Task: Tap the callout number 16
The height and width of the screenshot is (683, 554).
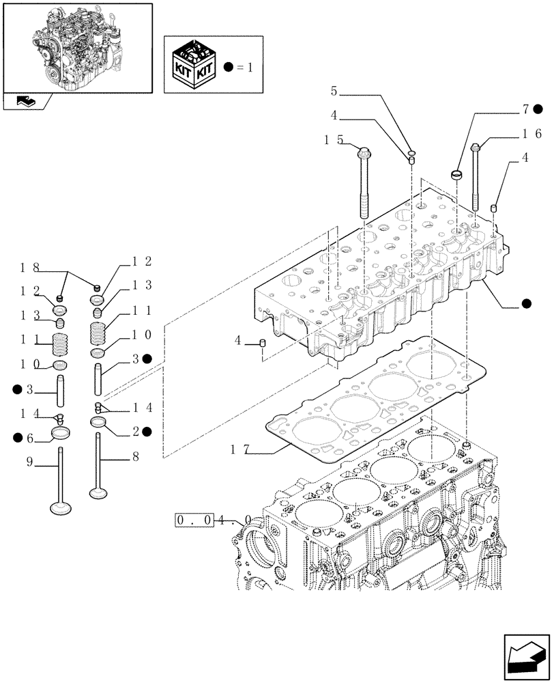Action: click(534, 135)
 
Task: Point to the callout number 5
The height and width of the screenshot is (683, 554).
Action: click(334, 90)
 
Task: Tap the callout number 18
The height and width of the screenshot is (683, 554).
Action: click(29, 267)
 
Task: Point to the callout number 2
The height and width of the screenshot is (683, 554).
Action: click(136, 432)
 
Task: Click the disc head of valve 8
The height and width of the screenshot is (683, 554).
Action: click(100, 492)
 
